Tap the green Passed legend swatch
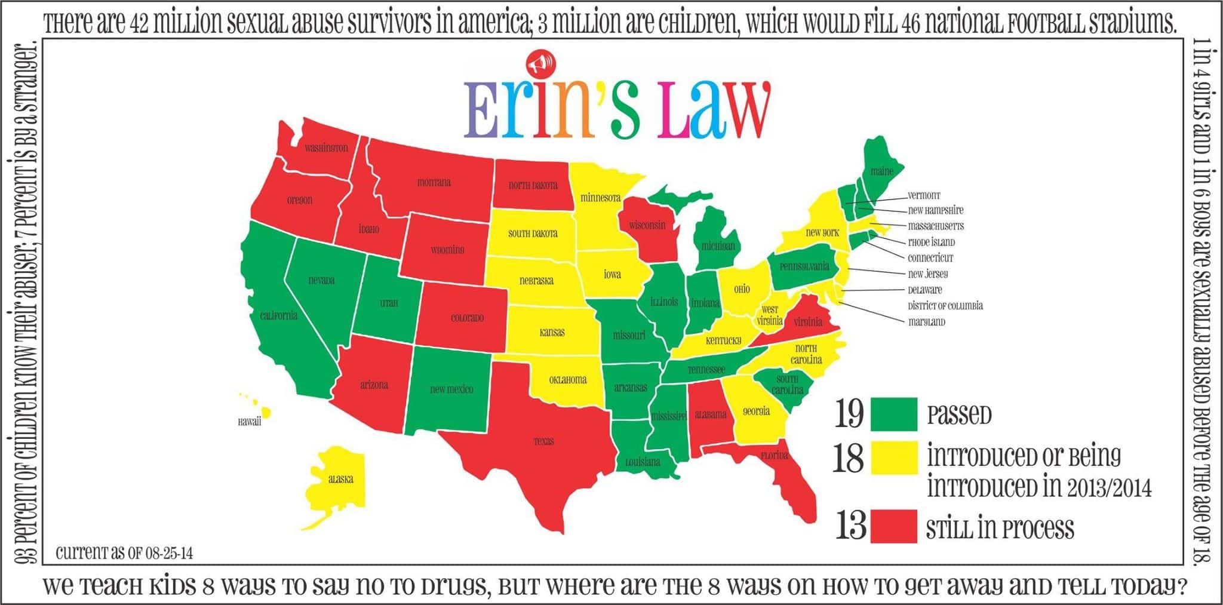[893, 414]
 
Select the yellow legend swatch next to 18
[893, 458]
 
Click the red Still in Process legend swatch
[893, 526]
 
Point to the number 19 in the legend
[849, 413]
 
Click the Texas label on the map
[543, 441]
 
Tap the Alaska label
[340, 479]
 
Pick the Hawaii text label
[250, 422]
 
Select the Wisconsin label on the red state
[647, 225]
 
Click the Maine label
[881, 171]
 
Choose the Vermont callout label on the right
[924, 195]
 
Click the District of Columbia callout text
[945, 306]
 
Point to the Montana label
[434, 182]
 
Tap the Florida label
[774, 455]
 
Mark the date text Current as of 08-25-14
[124, 553]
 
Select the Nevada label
[321, 280]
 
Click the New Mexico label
[451, 389]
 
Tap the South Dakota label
[533, 234]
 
